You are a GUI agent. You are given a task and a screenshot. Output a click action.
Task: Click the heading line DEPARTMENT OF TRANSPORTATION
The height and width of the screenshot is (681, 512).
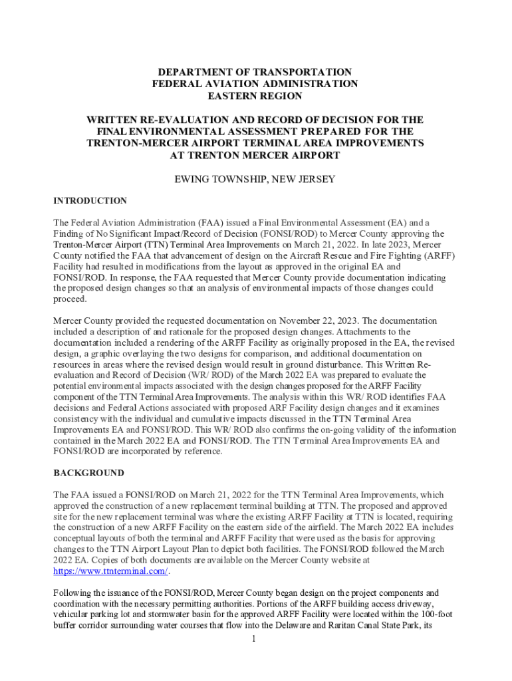click(x=255, y=72)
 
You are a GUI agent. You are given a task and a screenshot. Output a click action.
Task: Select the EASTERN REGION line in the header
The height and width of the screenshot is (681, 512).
click(x=255, y=96)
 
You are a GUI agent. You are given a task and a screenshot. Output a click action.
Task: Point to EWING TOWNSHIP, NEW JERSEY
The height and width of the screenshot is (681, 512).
click(x=255, y=179)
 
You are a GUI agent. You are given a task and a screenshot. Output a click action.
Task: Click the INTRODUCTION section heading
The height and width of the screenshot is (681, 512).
click(x=90, y=201)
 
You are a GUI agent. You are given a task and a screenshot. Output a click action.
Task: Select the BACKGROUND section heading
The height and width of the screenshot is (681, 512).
click(x=88, y=473)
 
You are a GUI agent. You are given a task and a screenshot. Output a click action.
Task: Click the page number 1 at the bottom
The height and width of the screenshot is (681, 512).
click(x=255, y=639)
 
